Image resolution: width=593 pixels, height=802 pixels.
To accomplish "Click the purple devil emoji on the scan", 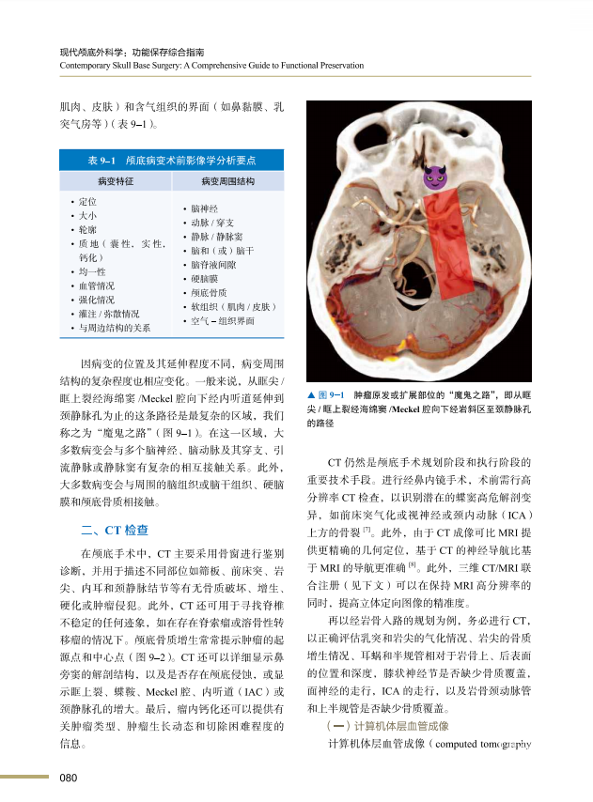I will pos(432,176).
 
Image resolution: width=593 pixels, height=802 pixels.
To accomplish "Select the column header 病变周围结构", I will pos(228,179).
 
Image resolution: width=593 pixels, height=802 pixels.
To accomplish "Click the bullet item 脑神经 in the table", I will pos(205,208).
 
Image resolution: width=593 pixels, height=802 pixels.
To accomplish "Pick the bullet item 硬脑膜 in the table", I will pos(205,279).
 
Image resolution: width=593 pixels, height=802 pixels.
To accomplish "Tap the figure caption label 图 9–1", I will pos(335,394).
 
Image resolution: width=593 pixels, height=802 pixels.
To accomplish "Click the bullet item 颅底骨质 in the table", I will pos(208,293).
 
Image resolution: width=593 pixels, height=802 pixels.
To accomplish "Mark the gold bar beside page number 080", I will pos(24,777).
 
